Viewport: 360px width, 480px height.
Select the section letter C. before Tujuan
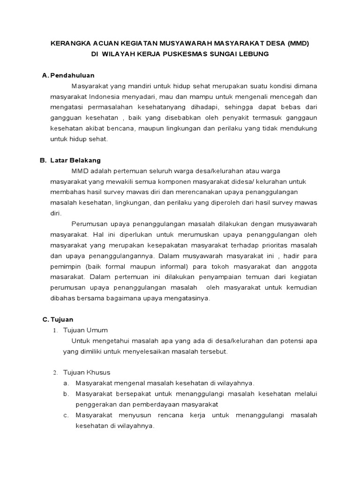pos(45,320)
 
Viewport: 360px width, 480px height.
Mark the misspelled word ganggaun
pos(300,118)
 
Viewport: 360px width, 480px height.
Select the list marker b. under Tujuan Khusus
pos(66,394)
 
